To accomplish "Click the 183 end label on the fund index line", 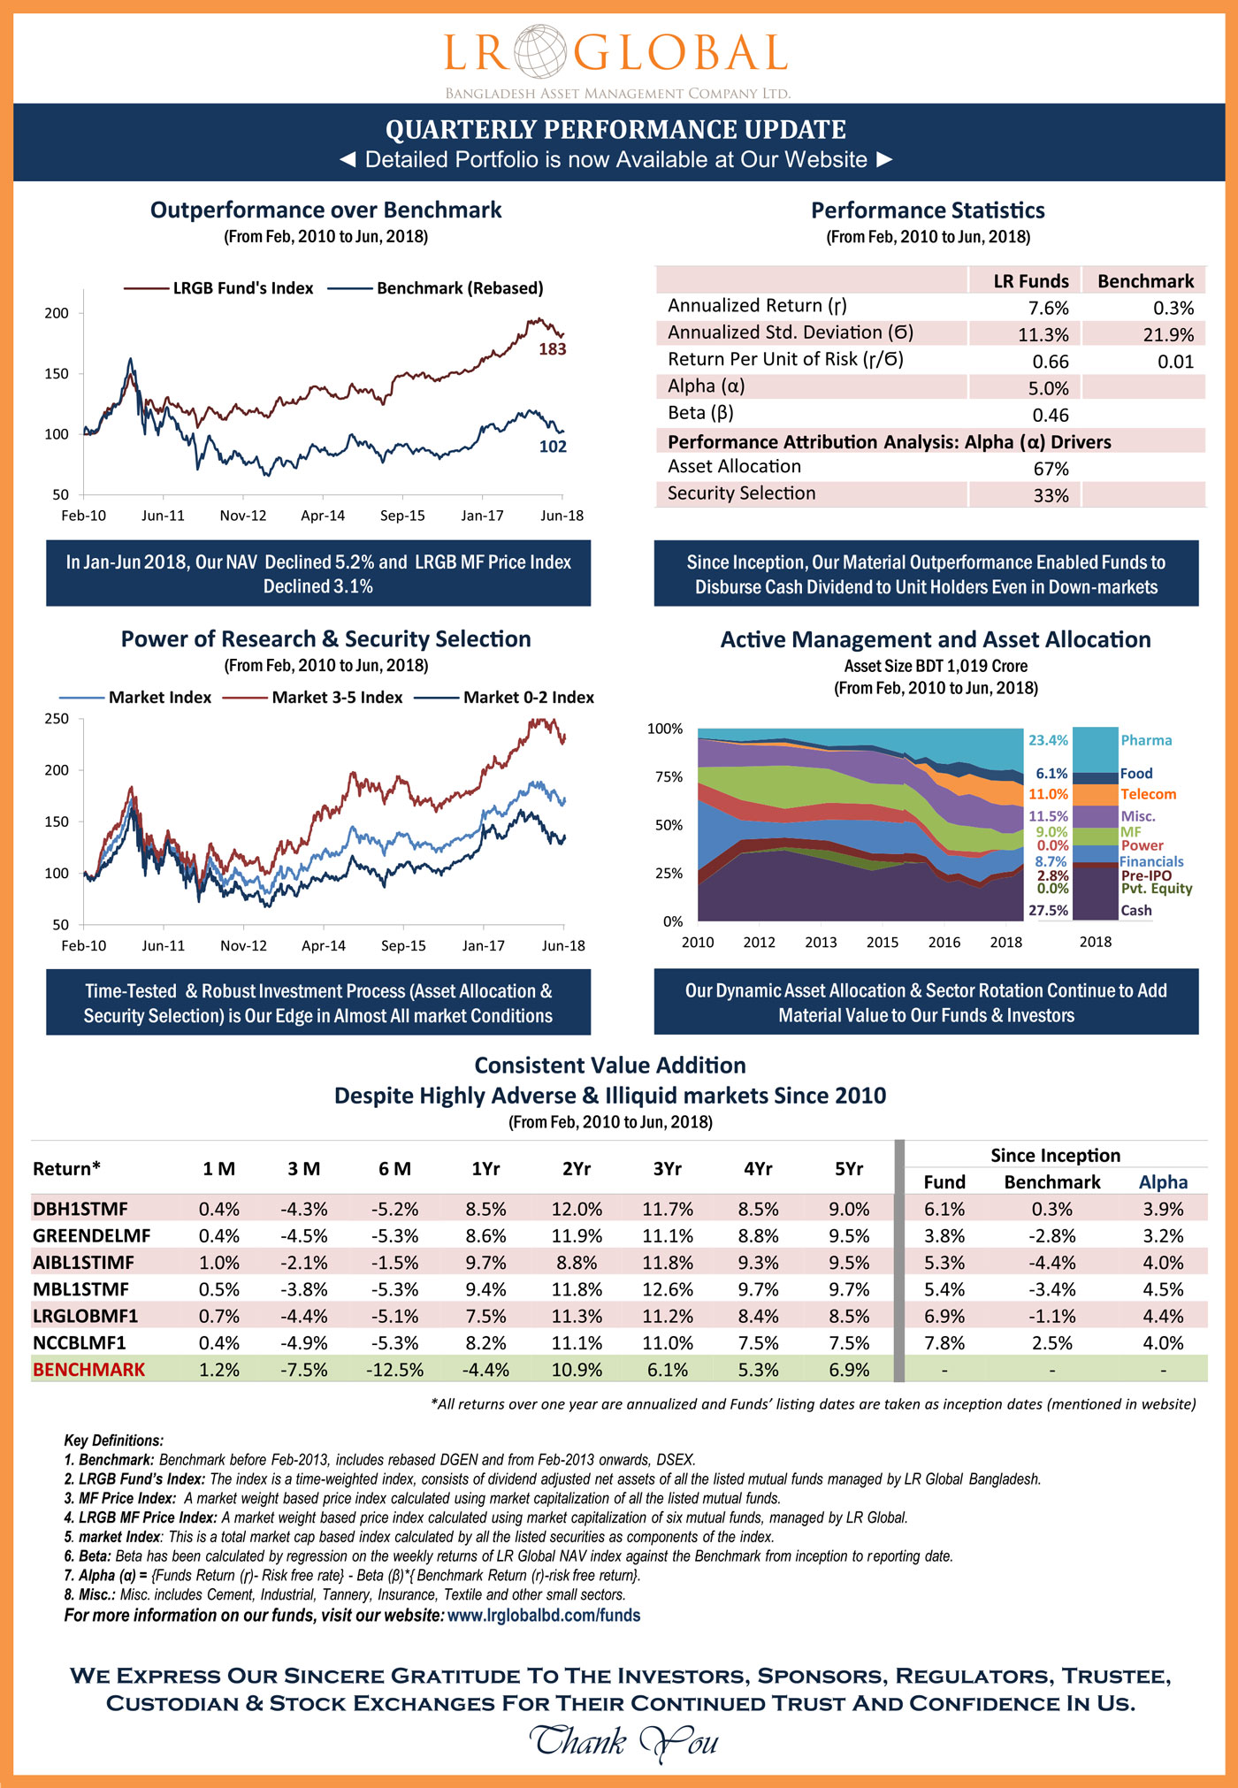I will pos(553,349).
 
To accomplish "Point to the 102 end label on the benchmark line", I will pos(553,447).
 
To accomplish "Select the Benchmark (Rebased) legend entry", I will pos(459,288).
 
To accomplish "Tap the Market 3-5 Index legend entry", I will pos(336,698).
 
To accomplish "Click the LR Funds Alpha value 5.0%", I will pos(1050,388).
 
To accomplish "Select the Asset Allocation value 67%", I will pos(1051,469).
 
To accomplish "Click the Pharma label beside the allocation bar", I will pos(1146,740).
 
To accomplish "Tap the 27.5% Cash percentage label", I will pos(1048,911).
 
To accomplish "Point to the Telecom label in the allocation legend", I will pos(1148,794).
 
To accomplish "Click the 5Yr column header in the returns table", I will pos(849,1169).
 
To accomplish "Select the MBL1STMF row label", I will pos(80,1289).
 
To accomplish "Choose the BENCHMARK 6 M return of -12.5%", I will pos(394,1370).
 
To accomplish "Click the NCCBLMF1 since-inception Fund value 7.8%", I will pos(944,1343).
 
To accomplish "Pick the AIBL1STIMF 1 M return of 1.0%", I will pos(218,1263).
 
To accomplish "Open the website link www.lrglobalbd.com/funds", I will pos(544,1616).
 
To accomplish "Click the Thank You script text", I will pos(623,1741).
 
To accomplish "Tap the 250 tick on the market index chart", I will pos(57,719).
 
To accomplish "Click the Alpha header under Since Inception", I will pos(1163,1182).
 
